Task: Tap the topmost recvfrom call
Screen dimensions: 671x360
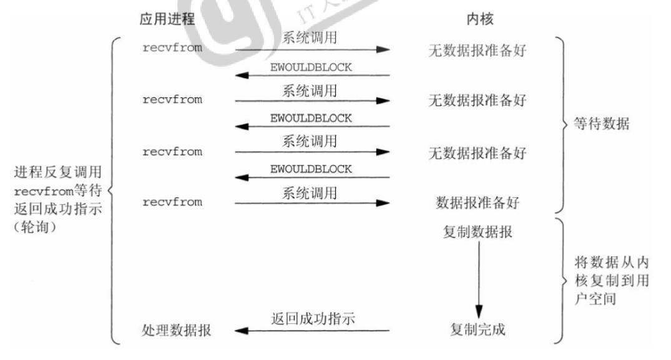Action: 172,48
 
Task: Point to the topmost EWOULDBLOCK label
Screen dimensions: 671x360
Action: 311,67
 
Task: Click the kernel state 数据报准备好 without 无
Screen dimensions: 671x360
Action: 478,203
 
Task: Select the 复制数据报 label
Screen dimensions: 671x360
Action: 478,232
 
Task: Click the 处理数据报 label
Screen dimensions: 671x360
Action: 176,330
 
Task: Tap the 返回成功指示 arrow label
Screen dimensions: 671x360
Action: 313,318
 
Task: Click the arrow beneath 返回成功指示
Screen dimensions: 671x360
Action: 313,330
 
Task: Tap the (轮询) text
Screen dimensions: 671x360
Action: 37,227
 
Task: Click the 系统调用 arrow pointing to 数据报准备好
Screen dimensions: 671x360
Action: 312,203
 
